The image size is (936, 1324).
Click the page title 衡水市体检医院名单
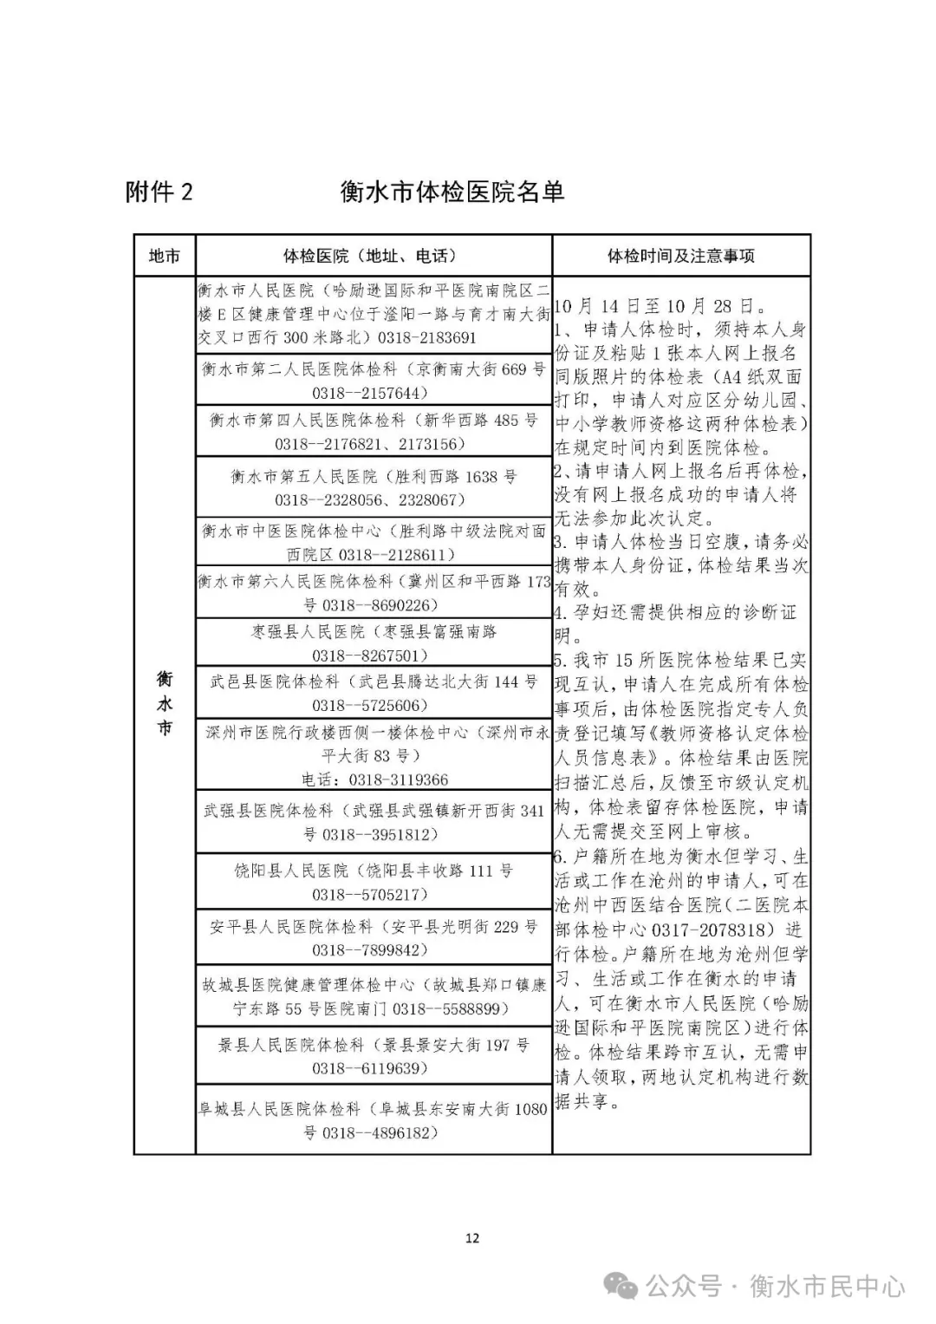click(x=452, y=192)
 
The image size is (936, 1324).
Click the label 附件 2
click(x=159, y=192)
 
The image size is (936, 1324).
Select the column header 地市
click(x=165, y=256)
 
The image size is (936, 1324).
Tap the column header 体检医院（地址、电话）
click(x=374, y=256)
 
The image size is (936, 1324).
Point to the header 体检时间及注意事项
click(x=680, y=256)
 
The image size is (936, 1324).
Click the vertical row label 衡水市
click(x=165, y=703)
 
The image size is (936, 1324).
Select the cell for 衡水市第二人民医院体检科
click(x=374, y=381)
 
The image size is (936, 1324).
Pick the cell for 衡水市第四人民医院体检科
click(x=374, y=431)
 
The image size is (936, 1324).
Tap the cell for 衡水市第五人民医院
click(x=374, y=487)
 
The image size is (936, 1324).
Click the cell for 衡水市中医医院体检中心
click(x=374, y=542)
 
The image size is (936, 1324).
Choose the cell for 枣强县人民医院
click(x=374, y=642)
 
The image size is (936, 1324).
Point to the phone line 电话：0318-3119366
click(x=374, y=779)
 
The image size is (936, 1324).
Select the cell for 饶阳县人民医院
click(x=374, y=881)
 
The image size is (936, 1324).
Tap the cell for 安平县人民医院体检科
click(x=374, y=938)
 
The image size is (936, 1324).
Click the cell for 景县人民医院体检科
click(x=374, y=1056)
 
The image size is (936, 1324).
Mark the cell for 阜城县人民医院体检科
click(x=374, y=1120)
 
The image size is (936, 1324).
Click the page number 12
click(x=471, y=1238)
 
